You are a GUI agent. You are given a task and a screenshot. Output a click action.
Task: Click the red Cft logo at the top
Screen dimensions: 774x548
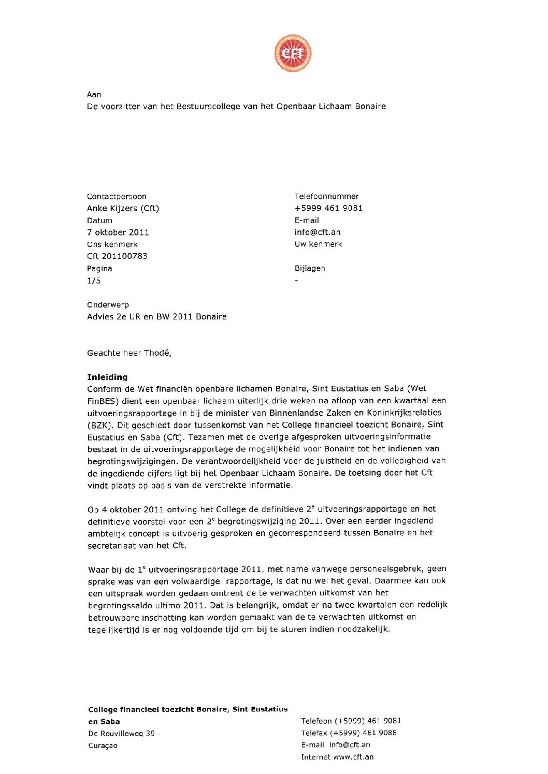coord(293,53)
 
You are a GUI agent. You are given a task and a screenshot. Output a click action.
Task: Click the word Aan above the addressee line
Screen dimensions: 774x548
coord(94,94)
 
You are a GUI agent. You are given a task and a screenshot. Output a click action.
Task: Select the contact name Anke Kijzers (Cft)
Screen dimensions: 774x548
coord(123,208)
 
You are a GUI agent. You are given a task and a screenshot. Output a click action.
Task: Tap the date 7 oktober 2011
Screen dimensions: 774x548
coord(118,232)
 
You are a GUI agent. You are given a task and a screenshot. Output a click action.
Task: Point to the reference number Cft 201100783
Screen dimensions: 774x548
coord(117,256)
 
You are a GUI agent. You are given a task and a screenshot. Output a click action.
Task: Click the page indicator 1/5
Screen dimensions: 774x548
coord(94,281)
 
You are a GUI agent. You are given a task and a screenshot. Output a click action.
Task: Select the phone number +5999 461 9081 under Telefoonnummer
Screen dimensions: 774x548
coord(328,208)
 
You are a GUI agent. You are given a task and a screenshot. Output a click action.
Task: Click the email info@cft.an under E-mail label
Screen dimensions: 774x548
coord(318,232)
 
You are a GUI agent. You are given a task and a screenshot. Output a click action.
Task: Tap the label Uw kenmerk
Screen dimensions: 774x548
coord(318,244)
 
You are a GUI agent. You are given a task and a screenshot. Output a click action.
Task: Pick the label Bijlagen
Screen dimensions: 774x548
coord(310,268)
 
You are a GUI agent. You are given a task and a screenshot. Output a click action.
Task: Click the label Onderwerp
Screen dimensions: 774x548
coord(108,305)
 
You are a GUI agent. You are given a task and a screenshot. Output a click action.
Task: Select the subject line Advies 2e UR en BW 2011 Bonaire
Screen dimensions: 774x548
coord(156,317)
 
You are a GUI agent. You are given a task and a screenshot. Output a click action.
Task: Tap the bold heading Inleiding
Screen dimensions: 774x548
coord(107,377)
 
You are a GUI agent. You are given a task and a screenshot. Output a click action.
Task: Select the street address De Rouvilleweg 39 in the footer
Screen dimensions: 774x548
coord(121,734)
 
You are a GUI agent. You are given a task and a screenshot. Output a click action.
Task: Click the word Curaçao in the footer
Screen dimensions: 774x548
coord(103,746)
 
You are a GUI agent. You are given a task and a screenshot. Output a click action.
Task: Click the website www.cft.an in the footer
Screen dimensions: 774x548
coord(353,757)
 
